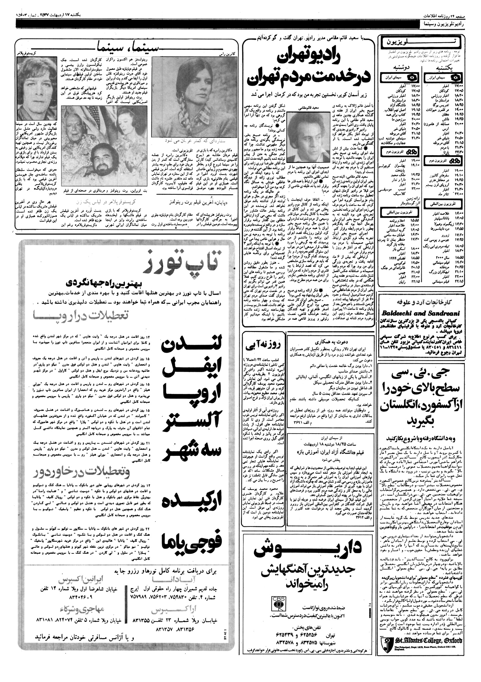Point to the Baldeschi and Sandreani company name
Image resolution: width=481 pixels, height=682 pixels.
[421, 313]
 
